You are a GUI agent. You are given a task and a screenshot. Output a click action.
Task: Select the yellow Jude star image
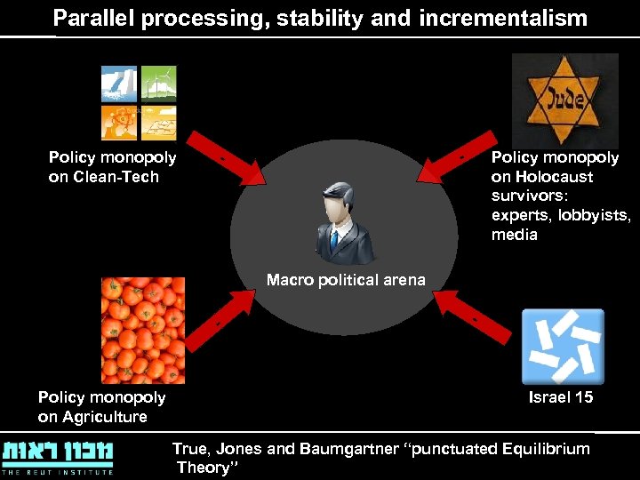click(x=564, y=100)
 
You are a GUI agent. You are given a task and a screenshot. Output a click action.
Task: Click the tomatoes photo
click(x=142, y=330)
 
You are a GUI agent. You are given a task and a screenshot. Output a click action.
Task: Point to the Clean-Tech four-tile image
click(x=139, y=103)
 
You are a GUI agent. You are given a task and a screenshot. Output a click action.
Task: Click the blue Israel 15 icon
click(x=563, y=346)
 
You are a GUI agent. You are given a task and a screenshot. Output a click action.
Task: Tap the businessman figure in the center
click(x=344, y=224)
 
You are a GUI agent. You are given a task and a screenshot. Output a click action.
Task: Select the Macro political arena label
click(x=346, y=281)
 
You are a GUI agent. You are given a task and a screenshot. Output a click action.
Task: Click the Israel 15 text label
click(x=561, y=397)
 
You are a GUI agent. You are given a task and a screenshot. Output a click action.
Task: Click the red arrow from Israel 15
click(x=476, y=316)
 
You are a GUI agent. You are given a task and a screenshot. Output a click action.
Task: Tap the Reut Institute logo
click(x=58, y=455)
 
